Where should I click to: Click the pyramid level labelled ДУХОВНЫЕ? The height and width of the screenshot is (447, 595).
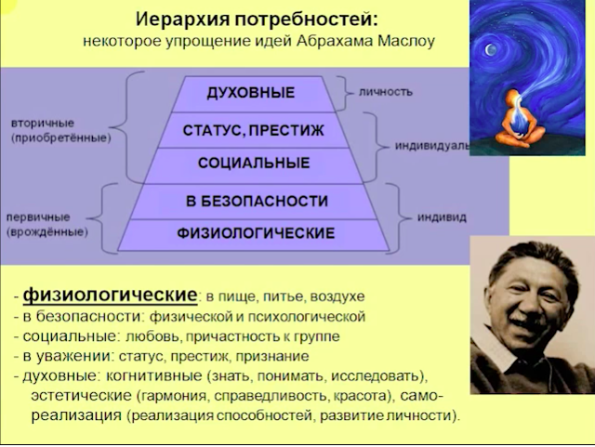click(251, 93)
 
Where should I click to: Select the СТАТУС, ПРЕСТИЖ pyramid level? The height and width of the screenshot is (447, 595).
click(253, 130)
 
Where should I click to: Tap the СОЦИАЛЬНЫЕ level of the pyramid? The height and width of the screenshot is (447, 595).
click(254, 164)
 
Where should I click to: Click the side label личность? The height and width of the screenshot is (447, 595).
click(386, 92)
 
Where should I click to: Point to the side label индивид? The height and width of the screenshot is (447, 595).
click(442, 217)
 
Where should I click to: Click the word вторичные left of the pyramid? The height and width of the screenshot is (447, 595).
click(43, 124)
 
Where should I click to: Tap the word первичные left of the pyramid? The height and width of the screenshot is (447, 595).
click(38, 217)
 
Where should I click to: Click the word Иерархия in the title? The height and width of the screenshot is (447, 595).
click(182, 19)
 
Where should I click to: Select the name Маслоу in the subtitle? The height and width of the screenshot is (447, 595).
click(406, 41)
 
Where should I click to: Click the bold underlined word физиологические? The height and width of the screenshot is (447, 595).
click(110, 296)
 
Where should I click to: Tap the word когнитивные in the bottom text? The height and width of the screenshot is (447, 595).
click(154, 375)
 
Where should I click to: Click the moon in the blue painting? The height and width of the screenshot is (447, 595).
click(491, 49)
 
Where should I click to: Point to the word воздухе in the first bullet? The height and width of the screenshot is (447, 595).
click(337, 296)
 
